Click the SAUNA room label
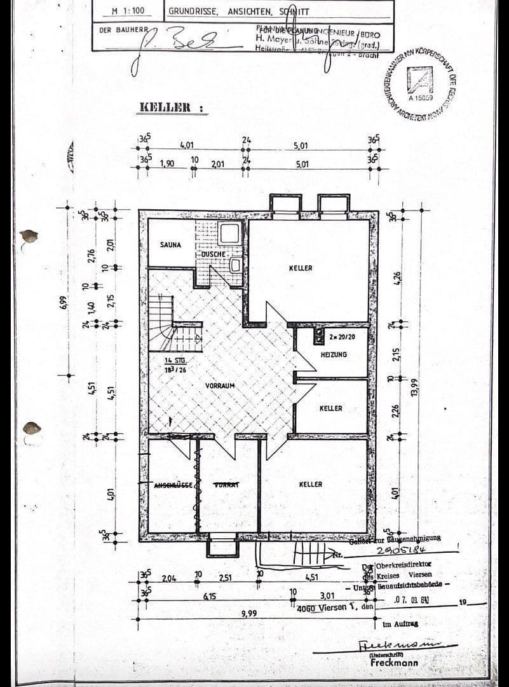170,244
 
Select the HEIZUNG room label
334,354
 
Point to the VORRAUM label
221,386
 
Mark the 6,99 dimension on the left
64,296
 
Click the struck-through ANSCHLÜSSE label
173,485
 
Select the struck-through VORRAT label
226,485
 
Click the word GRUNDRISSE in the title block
193,11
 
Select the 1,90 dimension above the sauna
167,163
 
